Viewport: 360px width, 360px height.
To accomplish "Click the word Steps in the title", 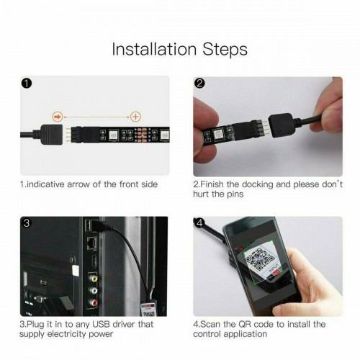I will [224, 50].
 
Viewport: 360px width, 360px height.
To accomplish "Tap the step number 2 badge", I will [199, 84].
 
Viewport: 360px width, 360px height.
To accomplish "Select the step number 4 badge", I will [199, 223].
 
